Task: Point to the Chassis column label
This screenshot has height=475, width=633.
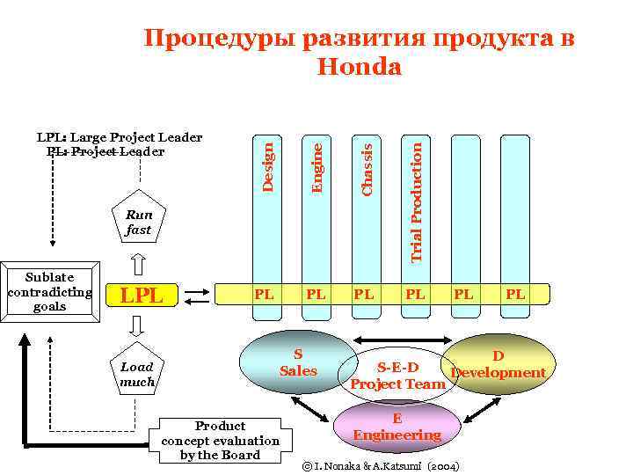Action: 368,164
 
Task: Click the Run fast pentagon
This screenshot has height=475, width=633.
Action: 138,220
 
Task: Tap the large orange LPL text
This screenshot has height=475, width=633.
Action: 142,296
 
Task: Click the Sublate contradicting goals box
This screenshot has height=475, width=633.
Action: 48,292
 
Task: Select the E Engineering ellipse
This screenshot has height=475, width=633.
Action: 396,427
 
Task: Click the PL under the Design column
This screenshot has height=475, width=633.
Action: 264,294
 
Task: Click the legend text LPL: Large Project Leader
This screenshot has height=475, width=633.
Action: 120,137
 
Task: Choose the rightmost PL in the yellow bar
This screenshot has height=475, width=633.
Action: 516,294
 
